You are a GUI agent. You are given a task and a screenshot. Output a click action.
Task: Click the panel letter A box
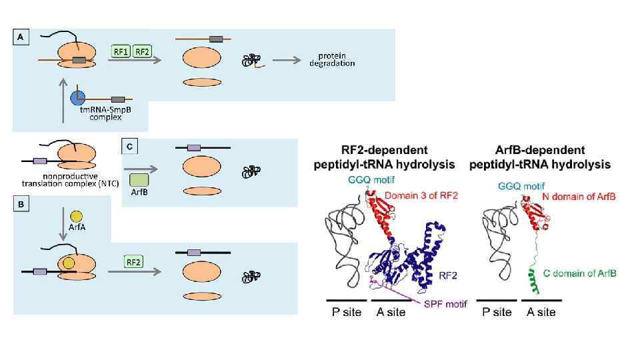[21, 38]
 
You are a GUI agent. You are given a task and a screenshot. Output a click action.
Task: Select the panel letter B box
[21, 205]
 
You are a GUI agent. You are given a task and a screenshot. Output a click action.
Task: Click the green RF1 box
[121, 51]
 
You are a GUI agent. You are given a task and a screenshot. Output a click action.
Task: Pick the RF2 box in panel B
[134, 262]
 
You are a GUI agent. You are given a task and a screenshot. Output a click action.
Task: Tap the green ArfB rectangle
[139, 179]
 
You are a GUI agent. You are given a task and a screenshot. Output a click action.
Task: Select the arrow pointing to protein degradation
[285, 60]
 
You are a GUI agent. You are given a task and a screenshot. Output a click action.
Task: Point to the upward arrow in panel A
[63, 100]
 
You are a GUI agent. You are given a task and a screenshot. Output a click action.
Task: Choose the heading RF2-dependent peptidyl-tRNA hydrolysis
[385, 157]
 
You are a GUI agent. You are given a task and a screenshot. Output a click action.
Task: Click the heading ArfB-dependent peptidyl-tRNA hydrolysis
[540, 157]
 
